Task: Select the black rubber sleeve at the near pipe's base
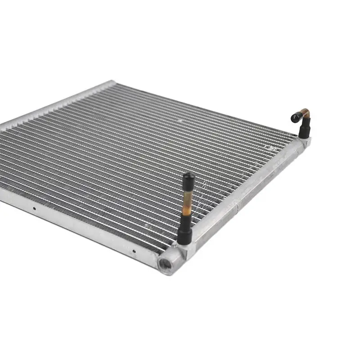[184, 232]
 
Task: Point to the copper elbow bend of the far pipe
[306, 112]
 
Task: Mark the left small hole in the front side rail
[33, 208]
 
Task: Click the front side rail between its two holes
[83, 229]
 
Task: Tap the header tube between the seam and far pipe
[270, 178]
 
